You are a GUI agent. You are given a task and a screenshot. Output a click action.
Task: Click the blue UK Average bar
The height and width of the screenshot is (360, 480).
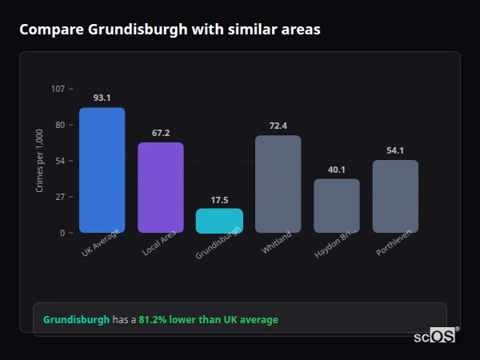(102, 170)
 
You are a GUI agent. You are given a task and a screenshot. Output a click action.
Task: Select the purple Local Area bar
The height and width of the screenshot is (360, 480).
(161, 187)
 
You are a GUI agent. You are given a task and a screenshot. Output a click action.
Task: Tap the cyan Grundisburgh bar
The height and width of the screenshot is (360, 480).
(219, 221)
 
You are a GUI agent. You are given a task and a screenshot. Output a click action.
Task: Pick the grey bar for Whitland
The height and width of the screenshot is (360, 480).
(278, 184)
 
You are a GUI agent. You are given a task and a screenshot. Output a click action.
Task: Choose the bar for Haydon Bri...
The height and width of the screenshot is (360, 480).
(337, 206)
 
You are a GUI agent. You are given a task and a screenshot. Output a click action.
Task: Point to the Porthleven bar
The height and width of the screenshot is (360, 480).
(395, 196)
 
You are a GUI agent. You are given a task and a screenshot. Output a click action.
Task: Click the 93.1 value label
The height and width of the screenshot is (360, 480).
(102, 98)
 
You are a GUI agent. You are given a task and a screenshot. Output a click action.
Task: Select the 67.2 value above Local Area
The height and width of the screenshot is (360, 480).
(161, 133)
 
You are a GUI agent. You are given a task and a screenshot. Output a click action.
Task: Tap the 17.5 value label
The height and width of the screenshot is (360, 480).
(219, 200)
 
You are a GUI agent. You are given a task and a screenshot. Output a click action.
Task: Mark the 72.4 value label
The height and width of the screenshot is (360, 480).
(278, 126)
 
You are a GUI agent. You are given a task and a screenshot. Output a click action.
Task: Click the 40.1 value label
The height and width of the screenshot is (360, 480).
(337, 170)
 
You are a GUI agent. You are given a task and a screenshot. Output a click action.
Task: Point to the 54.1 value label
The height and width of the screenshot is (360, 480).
(395, 150)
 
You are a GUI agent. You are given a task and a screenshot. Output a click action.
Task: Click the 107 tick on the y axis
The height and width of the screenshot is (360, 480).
(58, 89)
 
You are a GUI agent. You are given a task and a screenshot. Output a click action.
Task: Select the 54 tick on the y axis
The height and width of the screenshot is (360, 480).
(60, 161)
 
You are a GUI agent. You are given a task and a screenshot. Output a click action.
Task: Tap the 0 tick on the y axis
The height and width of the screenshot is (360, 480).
(62, 233)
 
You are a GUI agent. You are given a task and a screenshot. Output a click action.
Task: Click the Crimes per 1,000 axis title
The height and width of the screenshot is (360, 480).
(39, 161)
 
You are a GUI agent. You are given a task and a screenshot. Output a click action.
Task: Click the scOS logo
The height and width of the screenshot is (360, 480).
(434, 337)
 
